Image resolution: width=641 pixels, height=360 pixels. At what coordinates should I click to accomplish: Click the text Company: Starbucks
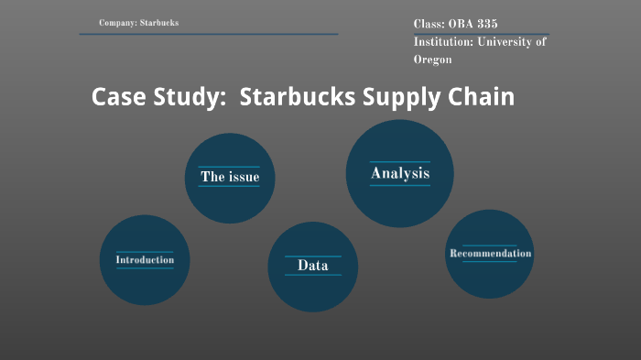pyautogui.click(x=138, y=22)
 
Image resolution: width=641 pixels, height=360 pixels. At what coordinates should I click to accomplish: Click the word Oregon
pyautogui.click(x=432, y=60)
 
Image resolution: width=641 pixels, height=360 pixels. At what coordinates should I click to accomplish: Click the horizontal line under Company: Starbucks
pyautogui.click(x=208, y=34)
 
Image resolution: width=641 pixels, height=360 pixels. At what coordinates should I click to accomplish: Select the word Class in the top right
pyautogui.click(x=428, y=25)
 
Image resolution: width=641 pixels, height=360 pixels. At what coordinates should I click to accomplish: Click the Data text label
pyautogui.click(x=312, y=266)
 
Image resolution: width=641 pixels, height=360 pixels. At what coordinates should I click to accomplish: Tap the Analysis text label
pyautogui.click(x=399, y=173)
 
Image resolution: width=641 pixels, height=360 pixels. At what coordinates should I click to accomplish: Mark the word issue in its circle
pyautogui.click(x=244, y=177)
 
